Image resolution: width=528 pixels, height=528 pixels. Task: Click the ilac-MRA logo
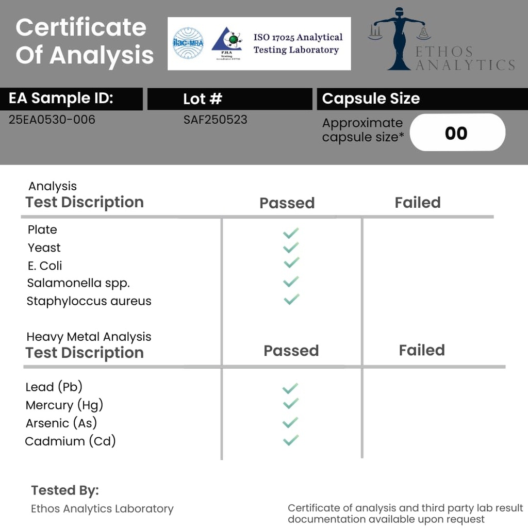click(188, 43)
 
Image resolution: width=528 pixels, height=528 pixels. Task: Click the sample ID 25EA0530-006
click(52, 120)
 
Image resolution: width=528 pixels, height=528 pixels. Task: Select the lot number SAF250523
click(216, 120)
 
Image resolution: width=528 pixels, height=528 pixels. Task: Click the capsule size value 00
click(456, 133)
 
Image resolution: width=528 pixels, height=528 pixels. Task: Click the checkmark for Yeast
click(291, 248)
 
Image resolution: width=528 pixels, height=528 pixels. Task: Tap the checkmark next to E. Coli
click(291, 263)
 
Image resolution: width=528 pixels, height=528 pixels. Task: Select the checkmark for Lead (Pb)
click(290, 388)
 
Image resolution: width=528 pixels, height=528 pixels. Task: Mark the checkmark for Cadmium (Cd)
click(291, 440)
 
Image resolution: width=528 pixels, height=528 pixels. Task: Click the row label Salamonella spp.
click(78, 283)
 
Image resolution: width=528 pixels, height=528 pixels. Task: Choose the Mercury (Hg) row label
click(64, 405)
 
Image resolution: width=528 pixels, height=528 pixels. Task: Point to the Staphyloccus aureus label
click(89, 301)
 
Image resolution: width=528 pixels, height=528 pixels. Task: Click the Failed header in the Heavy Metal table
click(422, 350)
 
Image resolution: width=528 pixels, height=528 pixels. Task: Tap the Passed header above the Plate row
click(287, 203)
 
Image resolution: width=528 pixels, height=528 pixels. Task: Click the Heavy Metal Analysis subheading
click(89, 337)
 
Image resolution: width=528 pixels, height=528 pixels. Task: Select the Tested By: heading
click(65, 490)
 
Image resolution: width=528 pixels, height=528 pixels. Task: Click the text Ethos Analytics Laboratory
click(102, 509)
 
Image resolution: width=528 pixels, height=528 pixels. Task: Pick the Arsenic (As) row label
click(61, 423)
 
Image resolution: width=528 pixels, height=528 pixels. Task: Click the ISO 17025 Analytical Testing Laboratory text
click(298, 44)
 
